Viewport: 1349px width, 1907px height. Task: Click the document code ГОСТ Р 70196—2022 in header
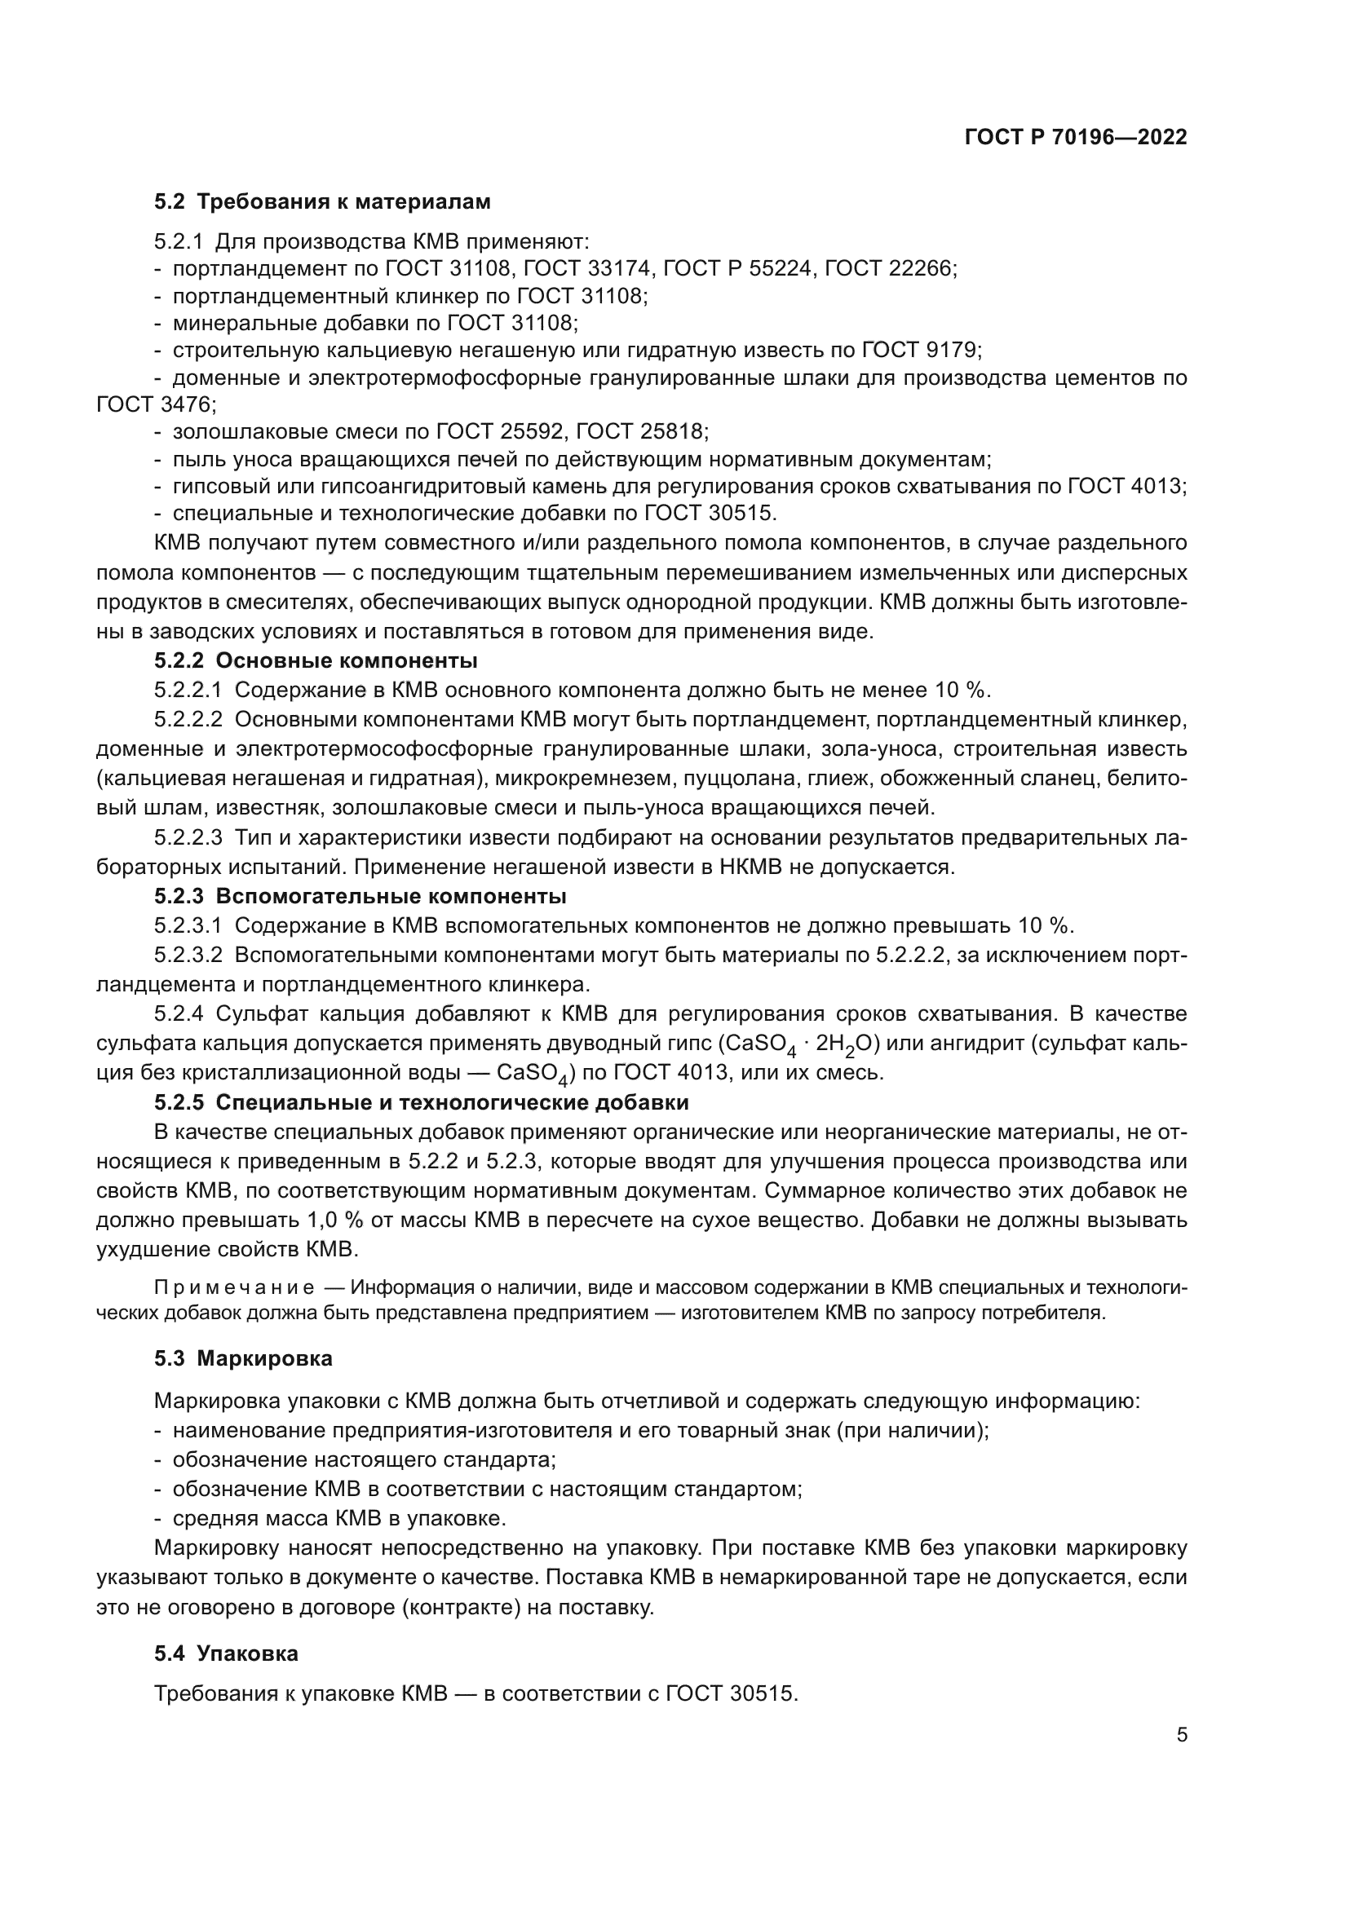(x=1075, y=138)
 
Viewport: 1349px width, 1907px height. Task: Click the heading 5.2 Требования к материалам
(x=322, y=202)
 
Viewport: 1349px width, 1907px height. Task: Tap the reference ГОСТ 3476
(x=156, y=404)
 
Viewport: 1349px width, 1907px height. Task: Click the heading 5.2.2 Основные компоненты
(x=316, y=661)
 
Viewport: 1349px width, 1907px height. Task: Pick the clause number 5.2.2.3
(x=188, y=837)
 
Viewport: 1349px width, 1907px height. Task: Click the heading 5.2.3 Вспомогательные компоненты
(x=360, y=896)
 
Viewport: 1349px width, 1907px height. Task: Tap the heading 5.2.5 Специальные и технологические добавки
(x=421, y=1102)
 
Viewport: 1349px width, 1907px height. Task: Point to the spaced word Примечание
(x=234, y=1288)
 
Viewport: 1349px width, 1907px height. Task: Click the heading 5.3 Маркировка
(x=243, y=1359)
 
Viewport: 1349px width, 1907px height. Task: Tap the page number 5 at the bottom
(x=1182, y=1735)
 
